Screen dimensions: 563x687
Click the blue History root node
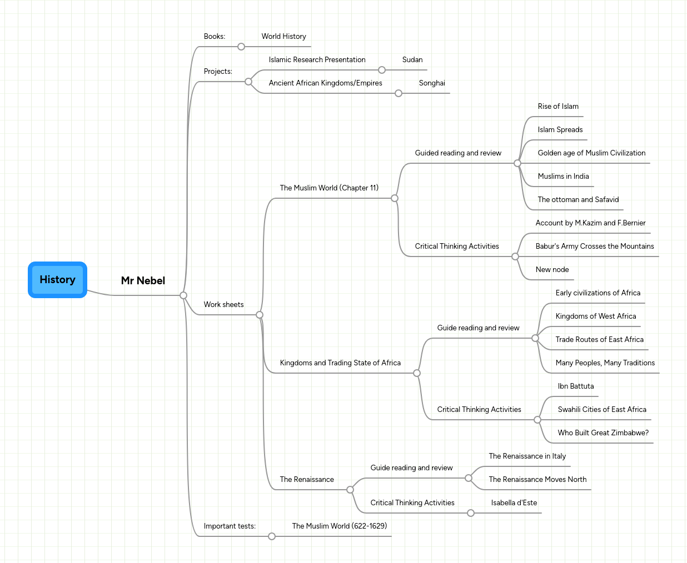coord(57,280)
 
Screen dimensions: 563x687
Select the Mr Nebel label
coord(143,281)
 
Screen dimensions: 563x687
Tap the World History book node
coord(283,37)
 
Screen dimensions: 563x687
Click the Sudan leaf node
coord(412,60)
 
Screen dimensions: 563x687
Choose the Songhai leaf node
coord(432,83)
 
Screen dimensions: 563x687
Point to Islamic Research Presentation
coord(317,60)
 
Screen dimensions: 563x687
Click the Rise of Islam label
coord(557,107)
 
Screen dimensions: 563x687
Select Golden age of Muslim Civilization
coord(591,153)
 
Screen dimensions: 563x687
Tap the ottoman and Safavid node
coord(578,200)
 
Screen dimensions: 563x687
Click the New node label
coord(552,270)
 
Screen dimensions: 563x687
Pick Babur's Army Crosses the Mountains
coord(594,247)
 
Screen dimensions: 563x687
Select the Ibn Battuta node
coord(575,386)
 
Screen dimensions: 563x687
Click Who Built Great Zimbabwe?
coord(603,433)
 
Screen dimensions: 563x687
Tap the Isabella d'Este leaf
coord(514,503)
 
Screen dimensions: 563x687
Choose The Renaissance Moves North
coord(537,480)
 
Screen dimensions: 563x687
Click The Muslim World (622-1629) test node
coord(339,526)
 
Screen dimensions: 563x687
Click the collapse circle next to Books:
coord(241,47)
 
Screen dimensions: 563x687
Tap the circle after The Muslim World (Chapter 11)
coord(395,198)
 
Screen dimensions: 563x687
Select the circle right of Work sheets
coord(260,315)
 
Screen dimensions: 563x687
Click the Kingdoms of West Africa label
coord(595,316)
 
